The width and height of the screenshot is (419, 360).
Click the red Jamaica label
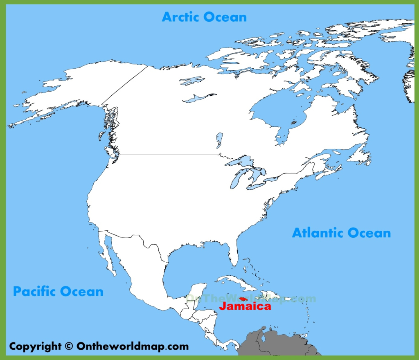[x=245, y=306]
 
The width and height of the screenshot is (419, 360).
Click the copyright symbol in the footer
[x=68, y=346]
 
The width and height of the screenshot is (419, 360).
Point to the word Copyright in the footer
[x=34, y=346]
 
